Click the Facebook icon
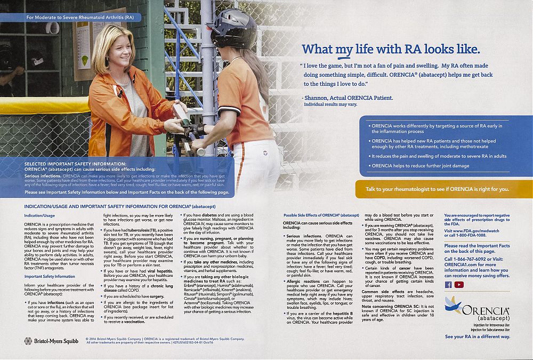pyautogui.click(x=448, y=284)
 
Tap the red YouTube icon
pyautogui.click(x=459, y=284)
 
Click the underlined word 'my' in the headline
pyautogui.click(x=344, y=50)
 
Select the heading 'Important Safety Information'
pyautogui.click(x=50, y=276)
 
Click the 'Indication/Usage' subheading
pyautogui.click(x=39, y=215)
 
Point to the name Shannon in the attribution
pyautogui.click(x=318, y=98)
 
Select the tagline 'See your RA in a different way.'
pyautogui.click(x=478, y=337)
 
